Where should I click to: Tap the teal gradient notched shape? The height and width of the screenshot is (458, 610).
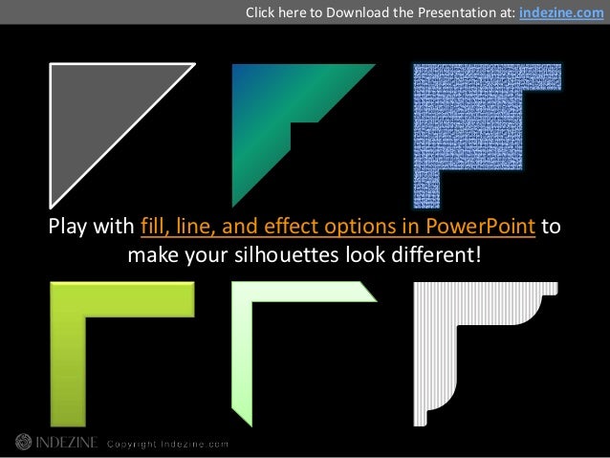coord(277,105)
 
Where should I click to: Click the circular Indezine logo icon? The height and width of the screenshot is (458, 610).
coord(21,442)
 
